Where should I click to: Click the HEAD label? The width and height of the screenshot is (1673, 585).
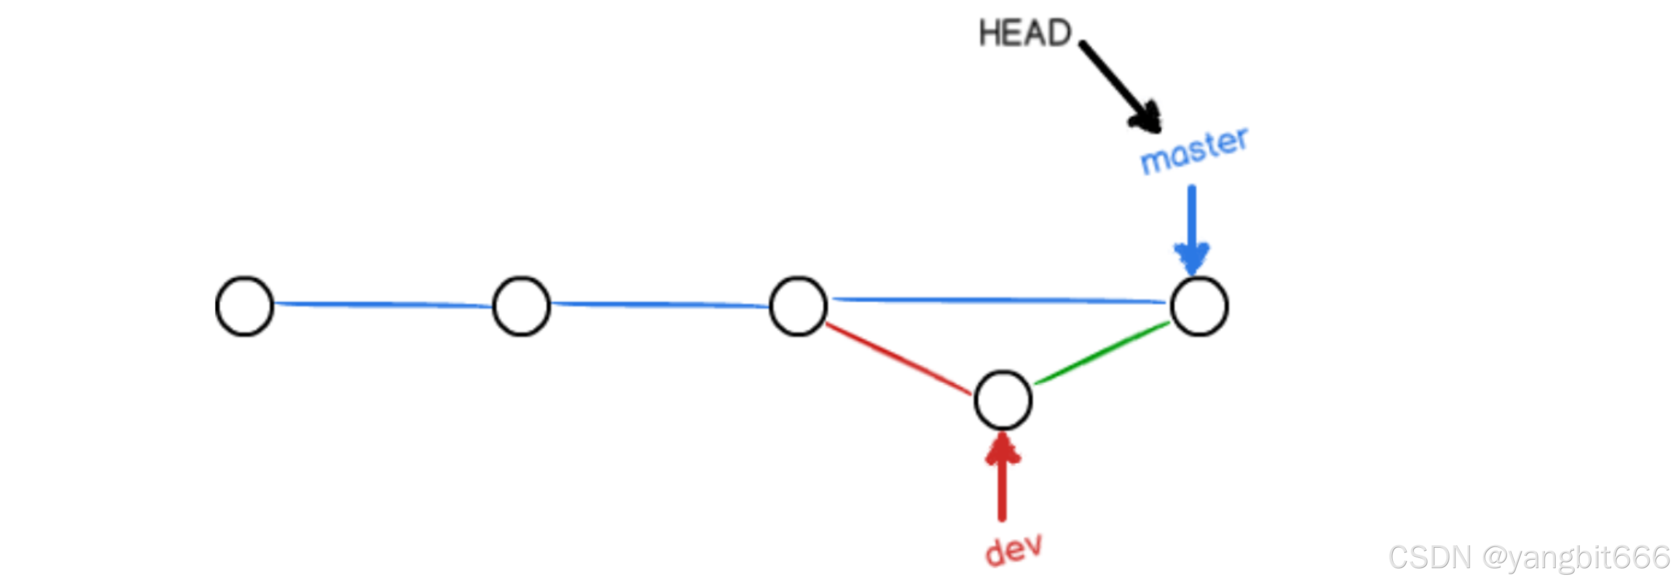tap(1025, 33)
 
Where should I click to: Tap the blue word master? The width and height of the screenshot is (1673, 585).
tap(1194, 151)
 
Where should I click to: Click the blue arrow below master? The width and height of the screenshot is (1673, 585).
tap(1192, 227)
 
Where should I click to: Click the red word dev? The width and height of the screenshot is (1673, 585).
tap(1013, 550)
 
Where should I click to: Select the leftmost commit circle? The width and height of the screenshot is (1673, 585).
tap(245, 306)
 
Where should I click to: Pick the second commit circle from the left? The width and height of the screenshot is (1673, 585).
tap(521, 306)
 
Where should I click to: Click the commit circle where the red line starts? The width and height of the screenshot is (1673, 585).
tap(798, 306)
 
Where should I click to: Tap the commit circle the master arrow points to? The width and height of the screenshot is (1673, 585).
tap(1200, 306)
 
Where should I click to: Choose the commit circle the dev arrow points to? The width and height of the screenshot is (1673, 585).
tap(1002, 400)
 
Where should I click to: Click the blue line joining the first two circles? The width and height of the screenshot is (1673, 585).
tap(383, 303)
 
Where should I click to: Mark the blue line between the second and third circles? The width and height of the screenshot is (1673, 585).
tap(660, 303)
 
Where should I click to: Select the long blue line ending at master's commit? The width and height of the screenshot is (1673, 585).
tap(1000, 300)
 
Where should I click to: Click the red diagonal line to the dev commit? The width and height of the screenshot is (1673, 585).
tap(898, 359)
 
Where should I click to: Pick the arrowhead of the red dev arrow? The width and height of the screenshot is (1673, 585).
tap(1002, 448)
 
